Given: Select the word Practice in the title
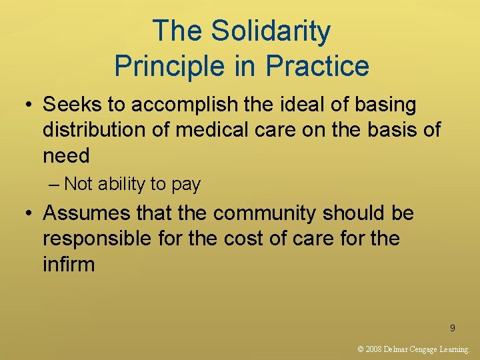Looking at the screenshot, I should coord(317,66).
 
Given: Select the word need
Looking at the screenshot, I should coord(66,155).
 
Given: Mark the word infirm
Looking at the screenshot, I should coord(69,264).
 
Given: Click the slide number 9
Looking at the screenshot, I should coord(453,328).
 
